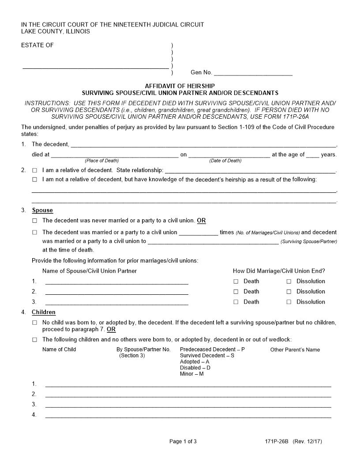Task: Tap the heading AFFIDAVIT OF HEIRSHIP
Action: tap(180, 86)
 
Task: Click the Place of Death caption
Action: tap(102, 161)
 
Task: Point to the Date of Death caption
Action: tap(225, 161)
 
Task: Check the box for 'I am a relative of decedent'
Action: tap(35, 170)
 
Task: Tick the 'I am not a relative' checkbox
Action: tap(35, 180)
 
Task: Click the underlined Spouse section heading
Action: tap(42, 210)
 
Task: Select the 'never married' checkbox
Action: tap(35, 221)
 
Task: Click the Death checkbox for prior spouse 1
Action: tap(236, 282)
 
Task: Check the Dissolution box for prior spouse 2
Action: tap(289, 292)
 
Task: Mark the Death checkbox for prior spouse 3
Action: tap(236, 302)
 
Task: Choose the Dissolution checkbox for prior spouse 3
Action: tap(289, 302)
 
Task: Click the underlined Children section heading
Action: tap(44, 312)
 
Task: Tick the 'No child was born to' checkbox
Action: tap(35, 323)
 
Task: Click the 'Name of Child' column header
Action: tap(59, 349)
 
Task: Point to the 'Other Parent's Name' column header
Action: tap(295, 349)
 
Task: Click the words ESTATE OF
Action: tap(37, 45)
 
